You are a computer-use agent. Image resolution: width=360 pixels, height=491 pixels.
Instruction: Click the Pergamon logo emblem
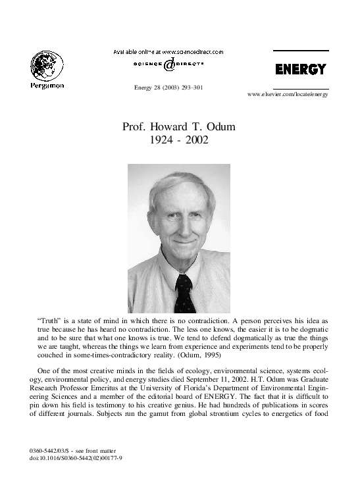(47, 67)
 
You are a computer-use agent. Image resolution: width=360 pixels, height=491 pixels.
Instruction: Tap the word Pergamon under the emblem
(47, 87)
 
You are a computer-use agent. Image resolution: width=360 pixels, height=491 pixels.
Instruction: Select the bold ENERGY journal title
(300, 69)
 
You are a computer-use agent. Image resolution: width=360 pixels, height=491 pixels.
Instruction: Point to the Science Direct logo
(168, 65)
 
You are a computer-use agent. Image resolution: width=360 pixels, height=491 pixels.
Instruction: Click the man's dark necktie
(185, 293)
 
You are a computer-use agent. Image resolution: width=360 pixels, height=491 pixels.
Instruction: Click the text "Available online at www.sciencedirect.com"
(168, 51)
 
